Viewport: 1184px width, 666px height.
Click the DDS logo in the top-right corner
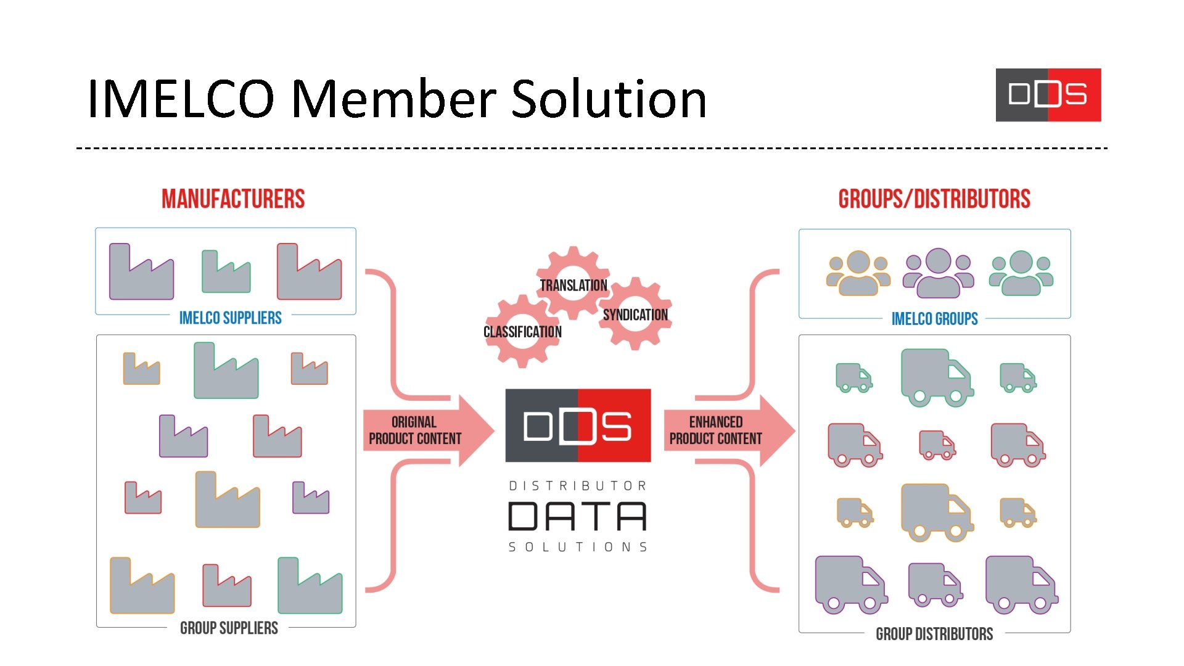(1048, 95)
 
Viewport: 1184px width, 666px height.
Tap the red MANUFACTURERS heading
(233, 199)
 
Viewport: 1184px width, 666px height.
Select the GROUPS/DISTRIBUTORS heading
(934, 199)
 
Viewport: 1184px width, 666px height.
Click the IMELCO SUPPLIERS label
(230, 318)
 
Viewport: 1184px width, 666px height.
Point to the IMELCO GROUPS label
(934, 319)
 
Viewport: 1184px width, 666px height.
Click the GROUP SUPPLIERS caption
(229, 628)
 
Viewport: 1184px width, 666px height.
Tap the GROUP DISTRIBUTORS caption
(934, 634)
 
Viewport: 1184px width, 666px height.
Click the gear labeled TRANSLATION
(573, 284)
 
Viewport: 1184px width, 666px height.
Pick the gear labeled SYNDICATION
(635, 315)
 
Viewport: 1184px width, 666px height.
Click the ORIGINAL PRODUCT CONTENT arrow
(425, 430)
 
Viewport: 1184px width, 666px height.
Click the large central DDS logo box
(578, 425)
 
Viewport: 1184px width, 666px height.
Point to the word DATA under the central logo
(577, 516)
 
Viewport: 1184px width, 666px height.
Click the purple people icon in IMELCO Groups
(938, 273)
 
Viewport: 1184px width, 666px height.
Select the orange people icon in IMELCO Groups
(858, 273)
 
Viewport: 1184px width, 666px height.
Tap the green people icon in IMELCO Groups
(1021, 273)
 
